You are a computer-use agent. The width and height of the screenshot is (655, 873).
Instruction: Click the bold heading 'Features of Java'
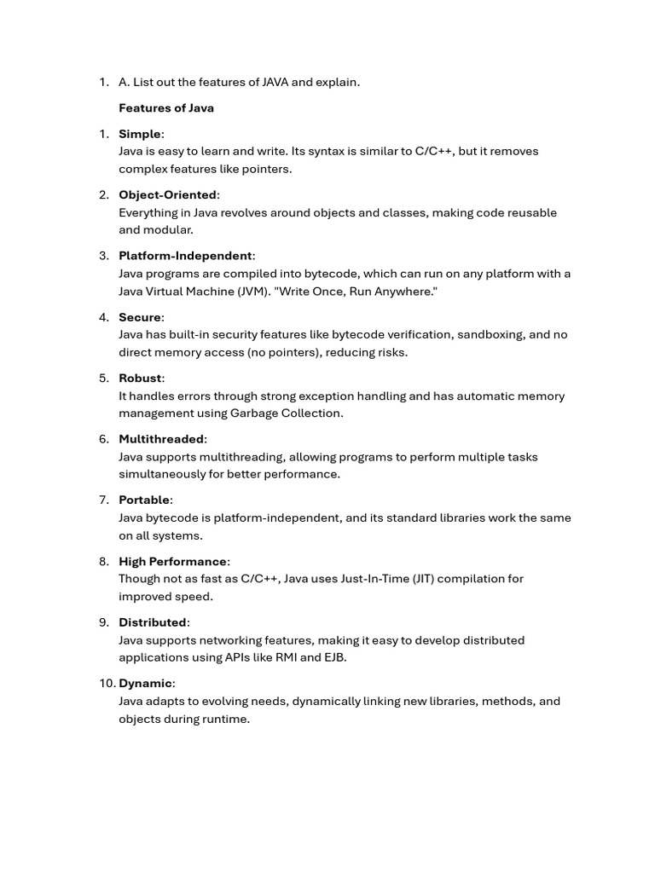(x=166, y=108)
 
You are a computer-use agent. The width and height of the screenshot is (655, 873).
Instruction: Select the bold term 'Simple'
(x=140, y=134)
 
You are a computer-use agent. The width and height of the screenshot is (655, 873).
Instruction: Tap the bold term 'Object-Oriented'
(x=167, y=195)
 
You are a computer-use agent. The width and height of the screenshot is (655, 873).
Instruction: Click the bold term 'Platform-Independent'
(x=185, y=256)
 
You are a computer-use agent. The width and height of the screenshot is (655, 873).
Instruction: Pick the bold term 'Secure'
(x=140, y=317)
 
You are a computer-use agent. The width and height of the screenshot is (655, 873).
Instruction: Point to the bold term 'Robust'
(x=140, y=378)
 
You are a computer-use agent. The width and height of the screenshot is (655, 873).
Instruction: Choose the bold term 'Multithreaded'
(x=161, y=439)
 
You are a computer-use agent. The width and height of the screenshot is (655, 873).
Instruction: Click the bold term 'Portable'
(x=144, y=500)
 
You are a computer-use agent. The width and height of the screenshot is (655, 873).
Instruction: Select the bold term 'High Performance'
(x=172, y=561)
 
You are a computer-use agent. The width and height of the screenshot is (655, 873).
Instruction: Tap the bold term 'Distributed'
(x=152, y=622)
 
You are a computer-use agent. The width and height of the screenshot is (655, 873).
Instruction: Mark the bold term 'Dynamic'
(x=145, y=683)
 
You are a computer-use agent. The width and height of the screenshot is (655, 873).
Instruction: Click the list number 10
(x=107, y=683)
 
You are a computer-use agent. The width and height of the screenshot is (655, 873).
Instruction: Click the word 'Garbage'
(x=255, y=413)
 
